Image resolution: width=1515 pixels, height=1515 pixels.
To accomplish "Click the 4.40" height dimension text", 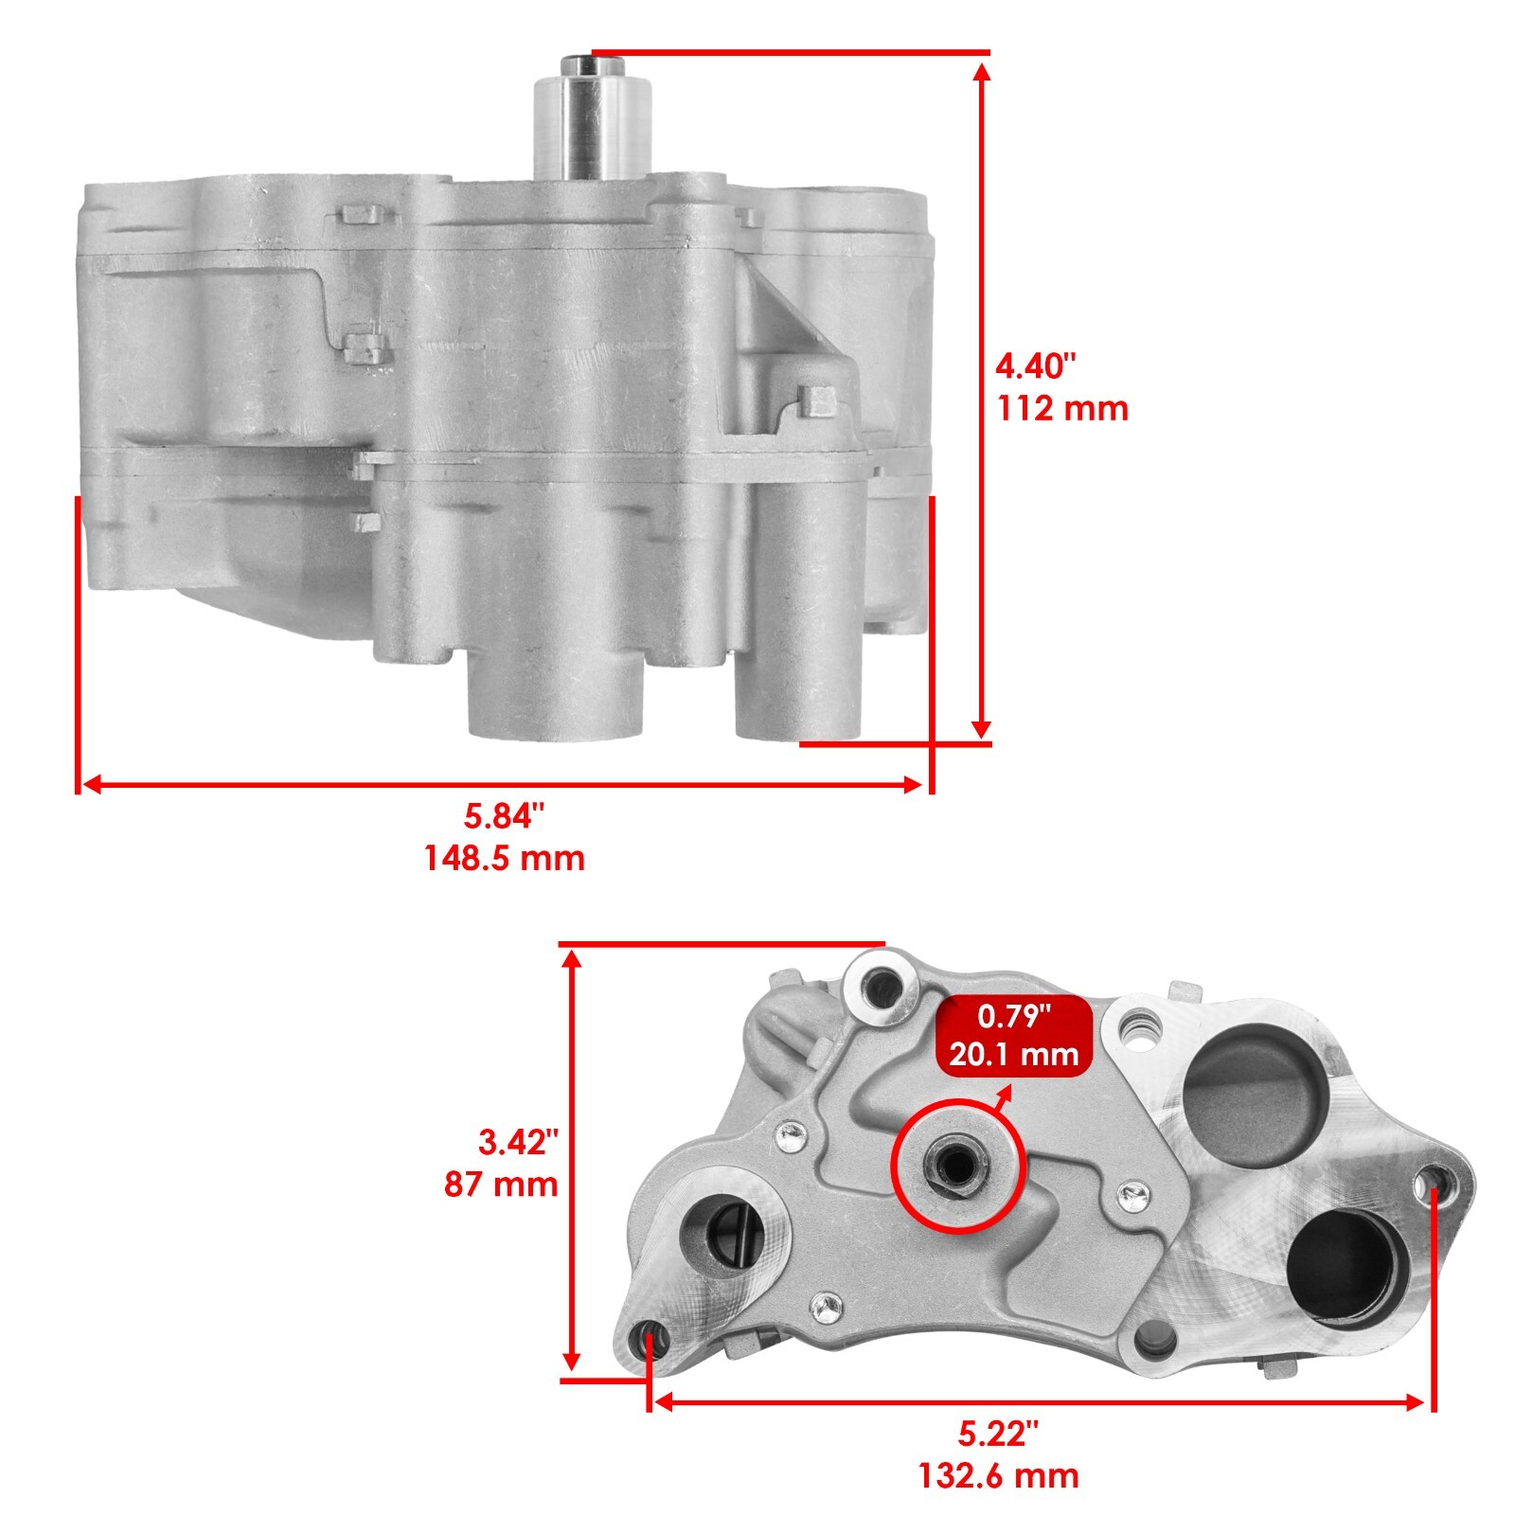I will coord(1036,365).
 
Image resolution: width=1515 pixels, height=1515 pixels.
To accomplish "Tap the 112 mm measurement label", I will coord(1062,409).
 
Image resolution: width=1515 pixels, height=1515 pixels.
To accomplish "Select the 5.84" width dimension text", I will coord(505,814).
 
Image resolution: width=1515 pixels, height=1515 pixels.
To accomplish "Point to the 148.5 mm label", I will coord(504,859).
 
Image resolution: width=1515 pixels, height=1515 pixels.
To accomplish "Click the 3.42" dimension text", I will coord(512,1143).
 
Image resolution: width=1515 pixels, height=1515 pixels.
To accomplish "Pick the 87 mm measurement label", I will coord(501,1185).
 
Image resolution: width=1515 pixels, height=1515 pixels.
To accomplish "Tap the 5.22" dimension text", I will coord(998,1435).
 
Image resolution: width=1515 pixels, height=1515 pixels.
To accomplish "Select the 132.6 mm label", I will coord(998,1475).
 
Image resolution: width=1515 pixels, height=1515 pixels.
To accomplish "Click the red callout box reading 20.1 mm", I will coord(1014,1036).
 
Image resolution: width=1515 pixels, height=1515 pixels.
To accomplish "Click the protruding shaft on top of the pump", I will coord(594,118).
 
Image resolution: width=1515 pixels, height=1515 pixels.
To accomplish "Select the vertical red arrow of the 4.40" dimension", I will coord(982,398).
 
